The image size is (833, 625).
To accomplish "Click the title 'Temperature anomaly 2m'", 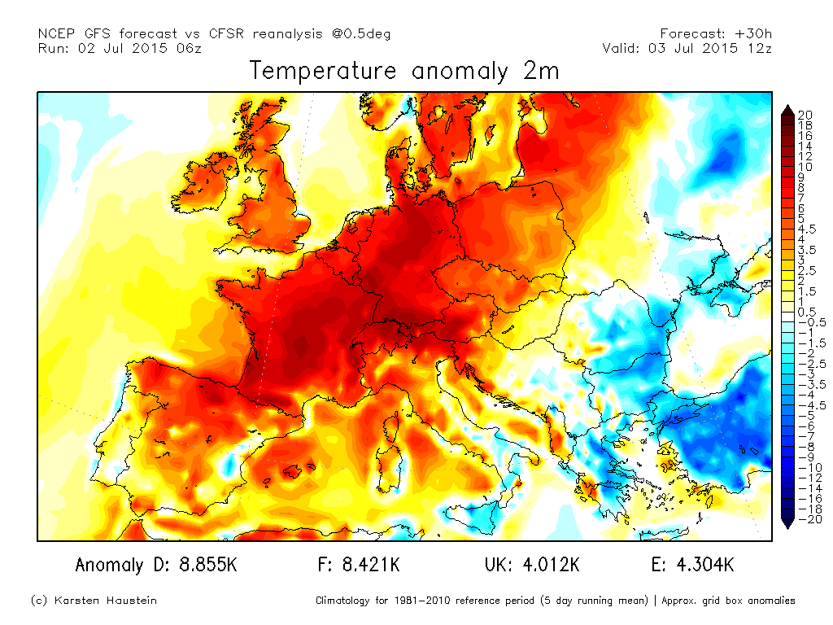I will click(x=404, y=71).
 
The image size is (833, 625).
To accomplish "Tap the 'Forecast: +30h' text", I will click(x=716, y=33).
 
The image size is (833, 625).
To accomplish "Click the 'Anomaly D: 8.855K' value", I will click(x=155, y=565).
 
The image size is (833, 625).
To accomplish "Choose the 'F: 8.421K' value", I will click(x=359, y=565).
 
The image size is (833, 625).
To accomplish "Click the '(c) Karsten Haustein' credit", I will click(x=94, y=601).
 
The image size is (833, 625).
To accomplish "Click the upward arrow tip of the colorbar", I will click(x=788, y=107).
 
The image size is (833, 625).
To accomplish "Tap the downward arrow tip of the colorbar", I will click(x=788, y=527).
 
